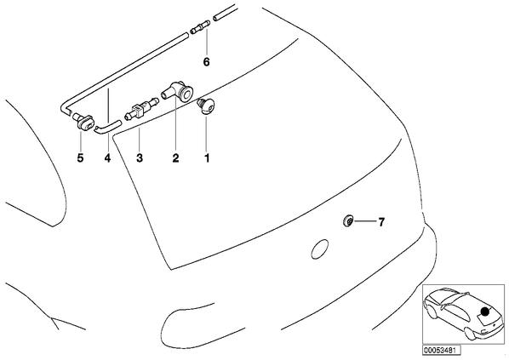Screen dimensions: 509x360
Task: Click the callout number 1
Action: (207, 158)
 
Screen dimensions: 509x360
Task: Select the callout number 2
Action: (175, 158)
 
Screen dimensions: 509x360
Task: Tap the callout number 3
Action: (140, 158)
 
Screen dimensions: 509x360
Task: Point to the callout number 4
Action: (107, 158)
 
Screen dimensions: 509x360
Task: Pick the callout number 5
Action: (80, 158)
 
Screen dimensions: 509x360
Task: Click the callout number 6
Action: (207, 61)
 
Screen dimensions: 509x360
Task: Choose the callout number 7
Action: (381, 222)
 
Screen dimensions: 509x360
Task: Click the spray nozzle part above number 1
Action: (206, 106)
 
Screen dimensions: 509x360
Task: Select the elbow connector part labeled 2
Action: (177, 91)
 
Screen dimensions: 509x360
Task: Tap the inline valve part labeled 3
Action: (141, 109)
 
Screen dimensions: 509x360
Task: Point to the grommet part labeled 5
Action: (83, 121)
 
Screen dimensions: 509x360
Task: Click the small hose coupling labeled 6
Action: (200, 26)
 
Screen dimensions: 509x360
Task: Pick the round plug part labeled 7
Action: (348, 221)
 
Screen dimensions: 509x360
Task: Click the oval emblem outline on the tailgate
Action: (320, 249)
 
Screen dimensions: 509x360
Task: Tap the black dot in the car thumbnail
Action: (484, 311)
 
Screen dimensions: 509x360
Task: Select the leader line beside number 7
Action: (364, 221)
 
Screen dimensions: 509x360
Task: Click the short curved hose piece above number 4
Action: (108, 127)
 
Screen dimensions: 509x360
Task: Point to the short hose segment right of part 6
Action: (224, 13)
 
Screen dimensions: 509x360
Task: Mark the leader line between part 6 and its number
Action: (207, 43)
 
